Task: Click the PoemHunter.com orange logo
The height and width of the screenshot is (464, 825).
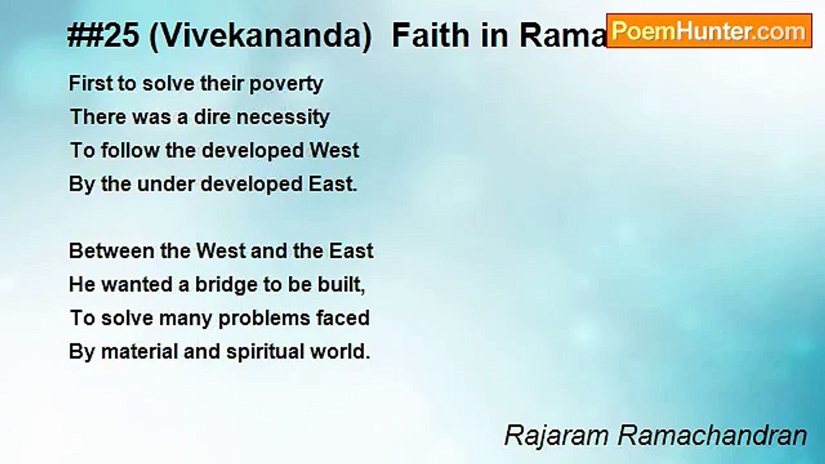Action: (709, 31)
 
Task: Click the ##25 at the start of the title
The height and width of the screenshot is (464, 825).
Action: (104, 35)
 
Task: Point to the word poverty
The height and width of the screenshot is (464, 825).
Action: (286, 84)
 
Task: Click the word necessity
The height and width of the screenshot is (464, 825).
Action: (282, 118)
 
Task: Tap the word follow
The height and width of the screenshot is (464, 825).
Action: (130, 150)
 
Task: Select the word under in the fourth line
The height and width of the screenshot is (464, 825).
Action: (166, 184)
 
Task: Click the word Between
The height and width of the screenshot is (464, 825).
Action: (112, 251)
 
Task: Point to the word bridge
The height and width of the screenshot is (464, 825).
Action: (226, 285)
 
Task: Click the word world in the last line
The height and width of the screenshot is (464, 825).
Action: (340, 351)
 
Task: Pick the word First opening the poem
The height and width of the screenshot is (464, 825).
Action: (91, 83)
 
